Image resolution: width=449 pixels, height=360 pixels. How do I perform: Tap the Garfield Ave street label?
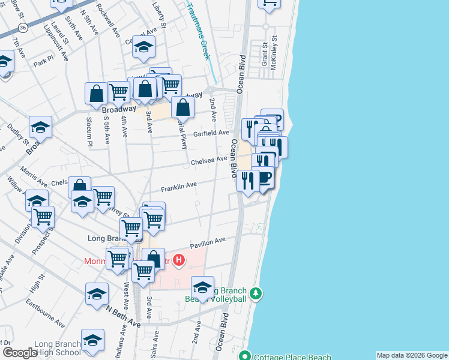pyautogui.click(x=211, y=133)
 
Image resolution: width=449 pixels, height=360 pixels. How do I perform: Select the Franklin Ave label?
pyautogui.click(x=179, y=187)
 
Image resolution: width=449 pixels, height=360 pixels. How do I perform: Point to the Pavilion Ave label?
pyautogui.click(x=208, y=242)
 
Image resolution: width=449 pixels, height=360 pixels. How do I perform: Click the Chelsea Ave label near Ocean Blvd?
pyautogui.click(x=209, y=161)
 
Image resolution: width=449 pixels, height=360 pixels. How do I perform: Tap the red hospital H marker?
pyautogui.click(x=178, y=260)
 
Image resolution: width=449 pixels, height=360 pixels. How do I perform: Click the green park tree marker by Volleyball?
pyautogui.click(x=256, y=293)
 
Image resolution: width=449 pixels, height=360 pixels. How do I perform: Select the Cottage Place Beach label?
pyautogui.click(x=292, y=357)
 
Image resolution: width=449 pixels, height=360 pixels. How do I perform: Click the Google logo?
pyautogui.click(x=20, y=352)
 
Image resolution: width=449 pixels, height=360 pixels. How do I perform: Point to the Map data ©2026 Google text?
pyautogui.click(x=412, y=355)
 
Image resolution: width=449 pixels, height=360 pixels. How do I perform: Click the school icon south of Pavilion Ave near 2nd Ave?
pyautogui.click(x=203, y=287)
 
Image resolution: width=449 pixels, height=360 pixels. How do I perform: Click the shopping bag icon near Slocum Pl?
pyautogui.click(x=96, y=94)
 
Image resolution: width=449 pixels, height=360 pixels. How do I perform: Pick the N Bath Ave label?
pyautogui.click(x=123, y=317)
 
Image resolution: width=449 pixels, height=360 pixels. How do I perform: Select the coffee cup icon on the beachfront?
pyautogui.click(x=264, y=178)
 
